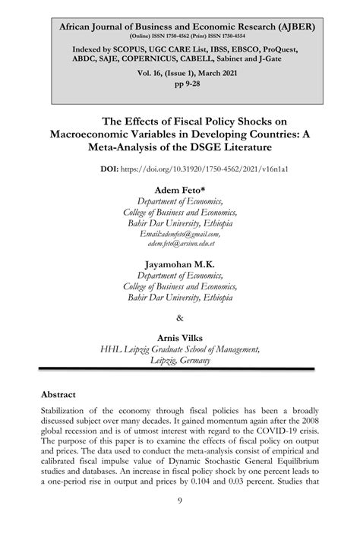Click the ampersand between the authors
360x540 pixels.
179,317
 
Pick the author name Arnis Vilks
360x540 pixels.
179,337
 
